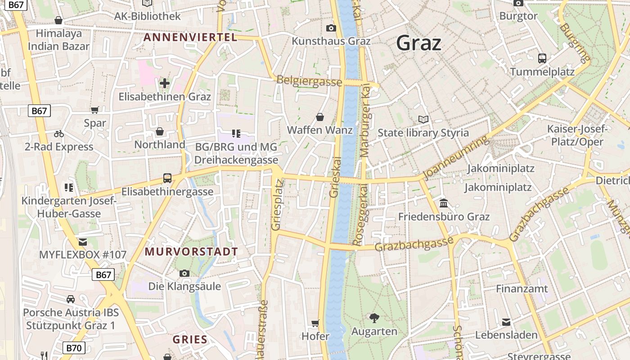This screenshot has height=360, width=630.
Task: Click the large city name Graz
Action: (418, 43)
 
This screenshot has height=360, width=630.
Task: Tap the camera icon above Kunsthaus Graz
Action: (331, 28)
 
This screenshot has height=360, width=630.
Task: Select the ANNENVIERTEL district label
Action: (190, 37)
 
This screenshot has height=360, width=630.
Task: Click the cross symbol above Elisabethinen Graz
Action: (165, 83)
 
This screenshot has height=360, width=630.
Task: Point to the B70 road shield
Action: (73, 347)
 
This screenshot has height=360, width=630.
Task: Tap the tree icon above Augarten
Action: (374, 318)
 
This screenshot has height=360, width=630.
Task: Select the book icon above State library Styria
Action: (423, 119)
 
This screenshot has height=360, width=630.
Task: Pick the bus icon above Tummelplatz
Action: (542, 58)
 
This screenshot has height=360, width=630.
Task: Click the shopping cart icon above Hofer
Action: (315, 323)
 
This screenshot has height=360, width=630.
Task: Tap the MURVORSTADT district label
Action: (191, 252)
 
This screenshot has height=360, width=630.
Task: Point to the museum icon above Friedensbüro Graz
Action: (444, 203)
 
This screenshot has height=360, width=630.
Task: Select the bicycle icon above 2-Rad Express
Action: (59, 134)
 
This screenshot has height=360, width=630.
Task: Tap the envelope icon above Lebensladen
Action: (506, 322)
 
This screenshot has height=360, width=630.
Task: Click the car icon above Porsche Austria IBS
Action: (71, 299)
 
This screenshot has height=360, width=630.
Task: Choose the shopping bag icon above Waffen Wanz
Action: (320, 117)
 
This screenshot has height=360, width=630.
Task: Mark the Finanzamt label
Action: (522, 288)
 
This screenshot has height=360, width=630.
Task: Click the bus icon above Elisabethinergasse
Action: (167, 178)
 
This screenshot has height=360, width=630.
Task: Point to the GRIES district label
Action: (190, 339)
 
